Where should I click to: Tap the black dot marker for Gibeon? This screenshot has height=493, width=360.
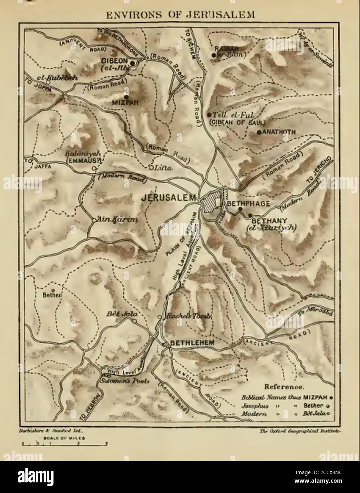[x=132, y=63]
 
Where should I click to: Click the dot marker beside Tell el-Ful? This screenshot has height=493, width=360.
[x=209, y=115]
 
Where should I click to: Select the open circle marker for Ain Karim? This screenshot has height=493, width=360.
[x=93, y=220]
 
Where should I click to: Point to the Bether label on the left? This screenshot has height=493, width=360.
[x=52, y=295]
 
